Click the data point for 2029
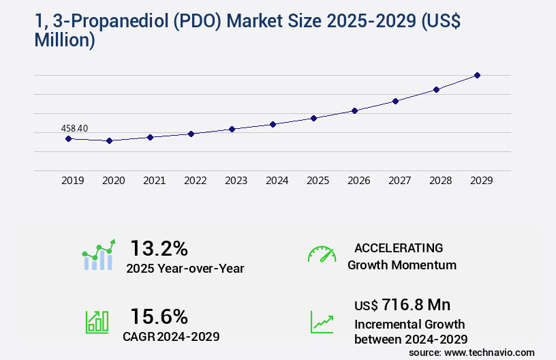(477, 75)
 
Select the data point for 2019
(68, 138)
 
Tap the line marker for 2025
(313, 118)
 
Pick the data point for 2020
(109, 140)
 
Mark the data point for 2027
(395, 101)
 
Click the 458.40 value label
(74, 128)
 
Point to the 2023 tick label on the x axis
(236, 181)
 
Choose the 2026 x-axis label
(358, 181)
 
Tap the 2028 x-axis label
(440, 181)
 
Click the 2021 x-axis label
(154, 181)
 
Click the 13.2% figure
(159, 248)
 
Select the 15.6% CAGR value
(159, 316)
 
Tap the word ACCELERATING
(399, 247)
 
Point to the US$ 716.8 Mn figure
(402, 304)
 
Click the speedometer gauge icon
(322, 254)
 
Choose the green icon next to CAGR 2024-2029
(97, 321)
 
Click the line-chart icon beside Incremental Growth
(322, 321)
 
